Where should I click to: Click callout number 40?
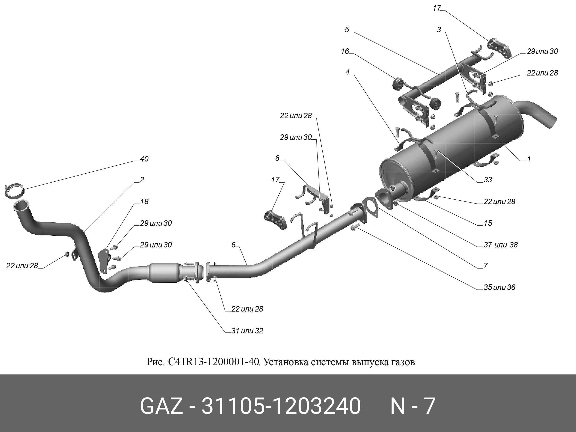pyautogui.click(x=144, y=159)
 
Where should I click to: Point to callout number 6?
pyautogui.click(x=233, y=245)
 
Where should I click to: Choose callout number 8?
pyautogui.click(x=277, y=158)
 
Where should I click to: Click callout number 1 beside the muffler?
pyautogui.click(x=529, y=159)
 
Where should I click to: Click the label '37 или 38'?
pyautogui.click(x=500, y=245)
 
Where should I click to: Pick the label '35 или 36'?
pyautogui.click(x=499, y=287)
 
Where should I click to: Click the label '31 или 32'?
pyautogui.click(x=247, y=331)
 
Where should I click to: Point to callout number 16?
pyautogui.click(x=345, y=51)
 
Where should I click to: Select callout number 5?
pyautogui.click(x=347, y=30)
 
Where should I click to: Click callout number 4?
pyautogui.click(x=347, y=72)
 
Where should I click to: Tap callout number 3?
pyautogui.click(x=439, y=30)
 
